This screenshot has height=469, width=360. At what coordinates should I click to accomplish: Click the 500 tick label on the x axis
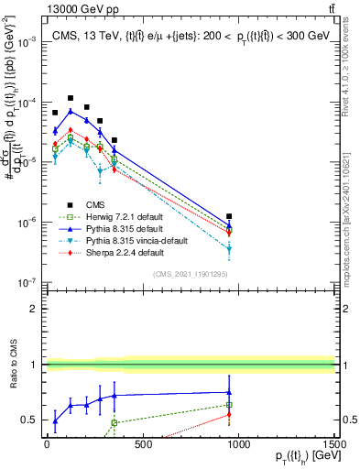pos(143,444)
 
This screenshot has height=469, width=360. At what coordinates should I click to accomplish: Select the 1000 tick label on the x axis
pos(239,444)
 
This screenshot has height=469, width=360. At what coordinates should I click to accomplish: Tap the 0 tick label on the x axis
pos(46,444)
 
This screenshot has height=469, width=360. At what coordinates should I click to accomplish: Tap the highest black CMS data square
pos(71,98)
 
